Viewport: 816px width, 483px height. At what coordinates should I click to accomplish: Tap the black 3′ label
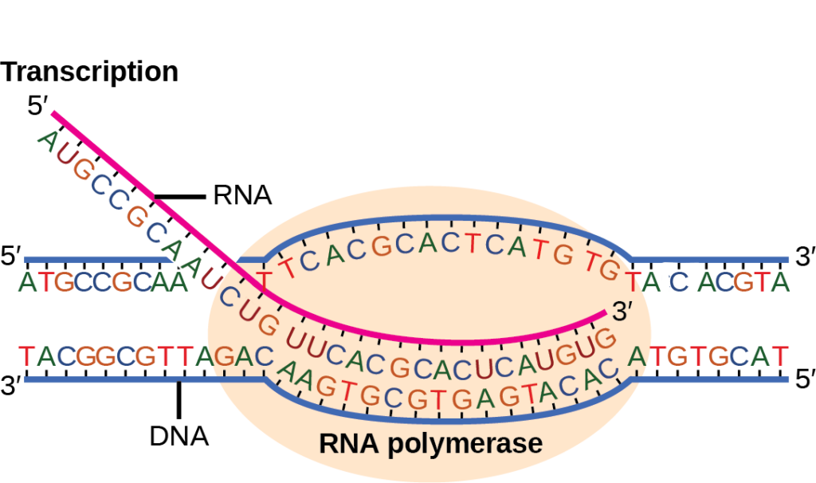(622, 313)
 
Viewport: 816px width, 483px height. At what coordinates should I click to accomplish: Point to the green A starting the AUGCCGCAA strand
(48, 142)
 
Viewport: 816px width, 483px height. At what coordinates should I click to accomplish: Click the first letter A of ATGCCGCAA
(29, 282)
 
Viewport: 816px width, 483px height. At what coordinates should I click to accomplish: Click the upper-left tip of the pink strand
(53, 112)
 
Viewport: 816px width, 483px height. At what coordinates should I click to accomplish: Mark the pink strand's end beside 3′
(603, 316)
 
